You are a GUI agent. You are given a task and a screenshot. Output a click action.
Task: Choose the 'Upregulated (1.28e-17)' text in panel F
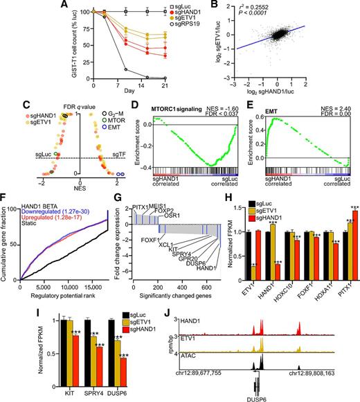coord(46,230)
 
